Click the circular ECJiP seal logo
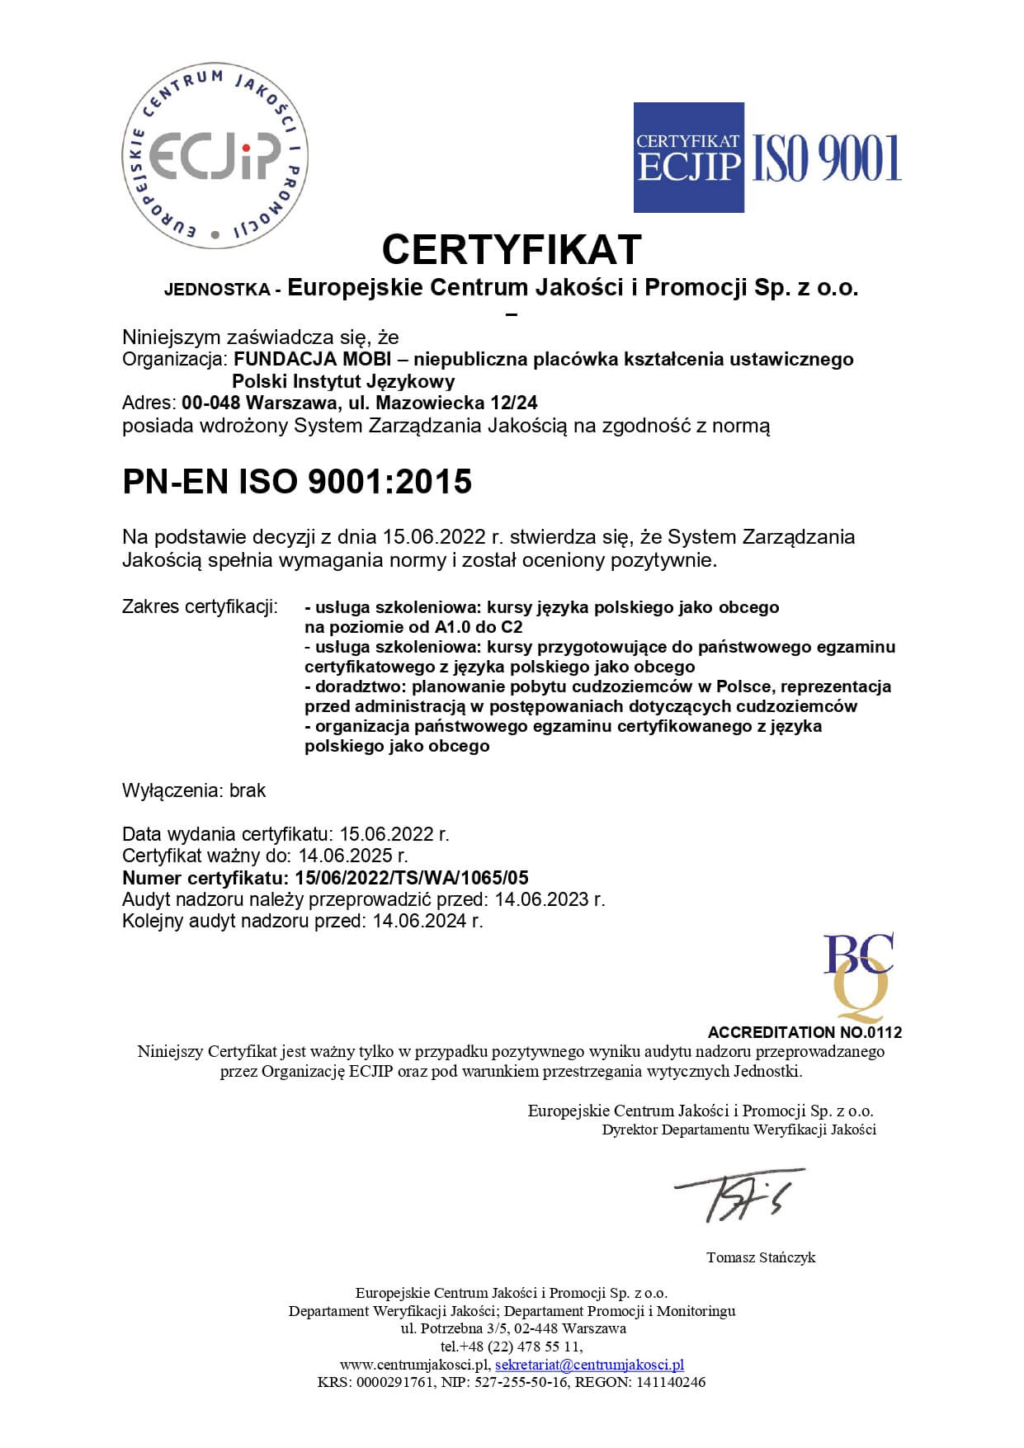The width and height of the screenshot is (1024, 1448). tap(215, 156)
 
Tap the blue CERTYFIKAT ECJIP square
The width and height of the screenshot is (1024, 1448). tap(688, 157)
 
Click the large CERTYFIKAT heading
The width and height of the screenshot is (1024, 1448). tap(512, 249)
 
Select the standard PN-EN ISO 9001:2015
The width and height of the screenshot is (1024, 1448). tap(297, 482)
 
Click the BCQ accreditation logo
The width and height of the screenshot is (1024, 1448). tap(858, 977)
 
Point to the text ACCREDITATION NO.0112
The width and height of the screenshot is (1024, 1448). tap(805, 1032)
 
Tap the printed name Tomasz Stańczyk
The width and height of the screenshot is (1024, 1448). tap(760, 1257)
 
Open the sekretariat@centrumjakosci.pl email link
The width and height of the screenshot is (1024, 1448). tap(589, 1365)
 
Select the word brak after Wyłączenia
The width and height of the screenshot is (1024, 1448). tap(248, 790)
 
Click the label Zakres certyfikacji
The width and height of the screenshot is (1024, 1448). tap(200, 607)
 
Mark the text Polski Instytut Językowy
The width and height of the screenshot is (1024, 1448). tap(343, 382)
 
